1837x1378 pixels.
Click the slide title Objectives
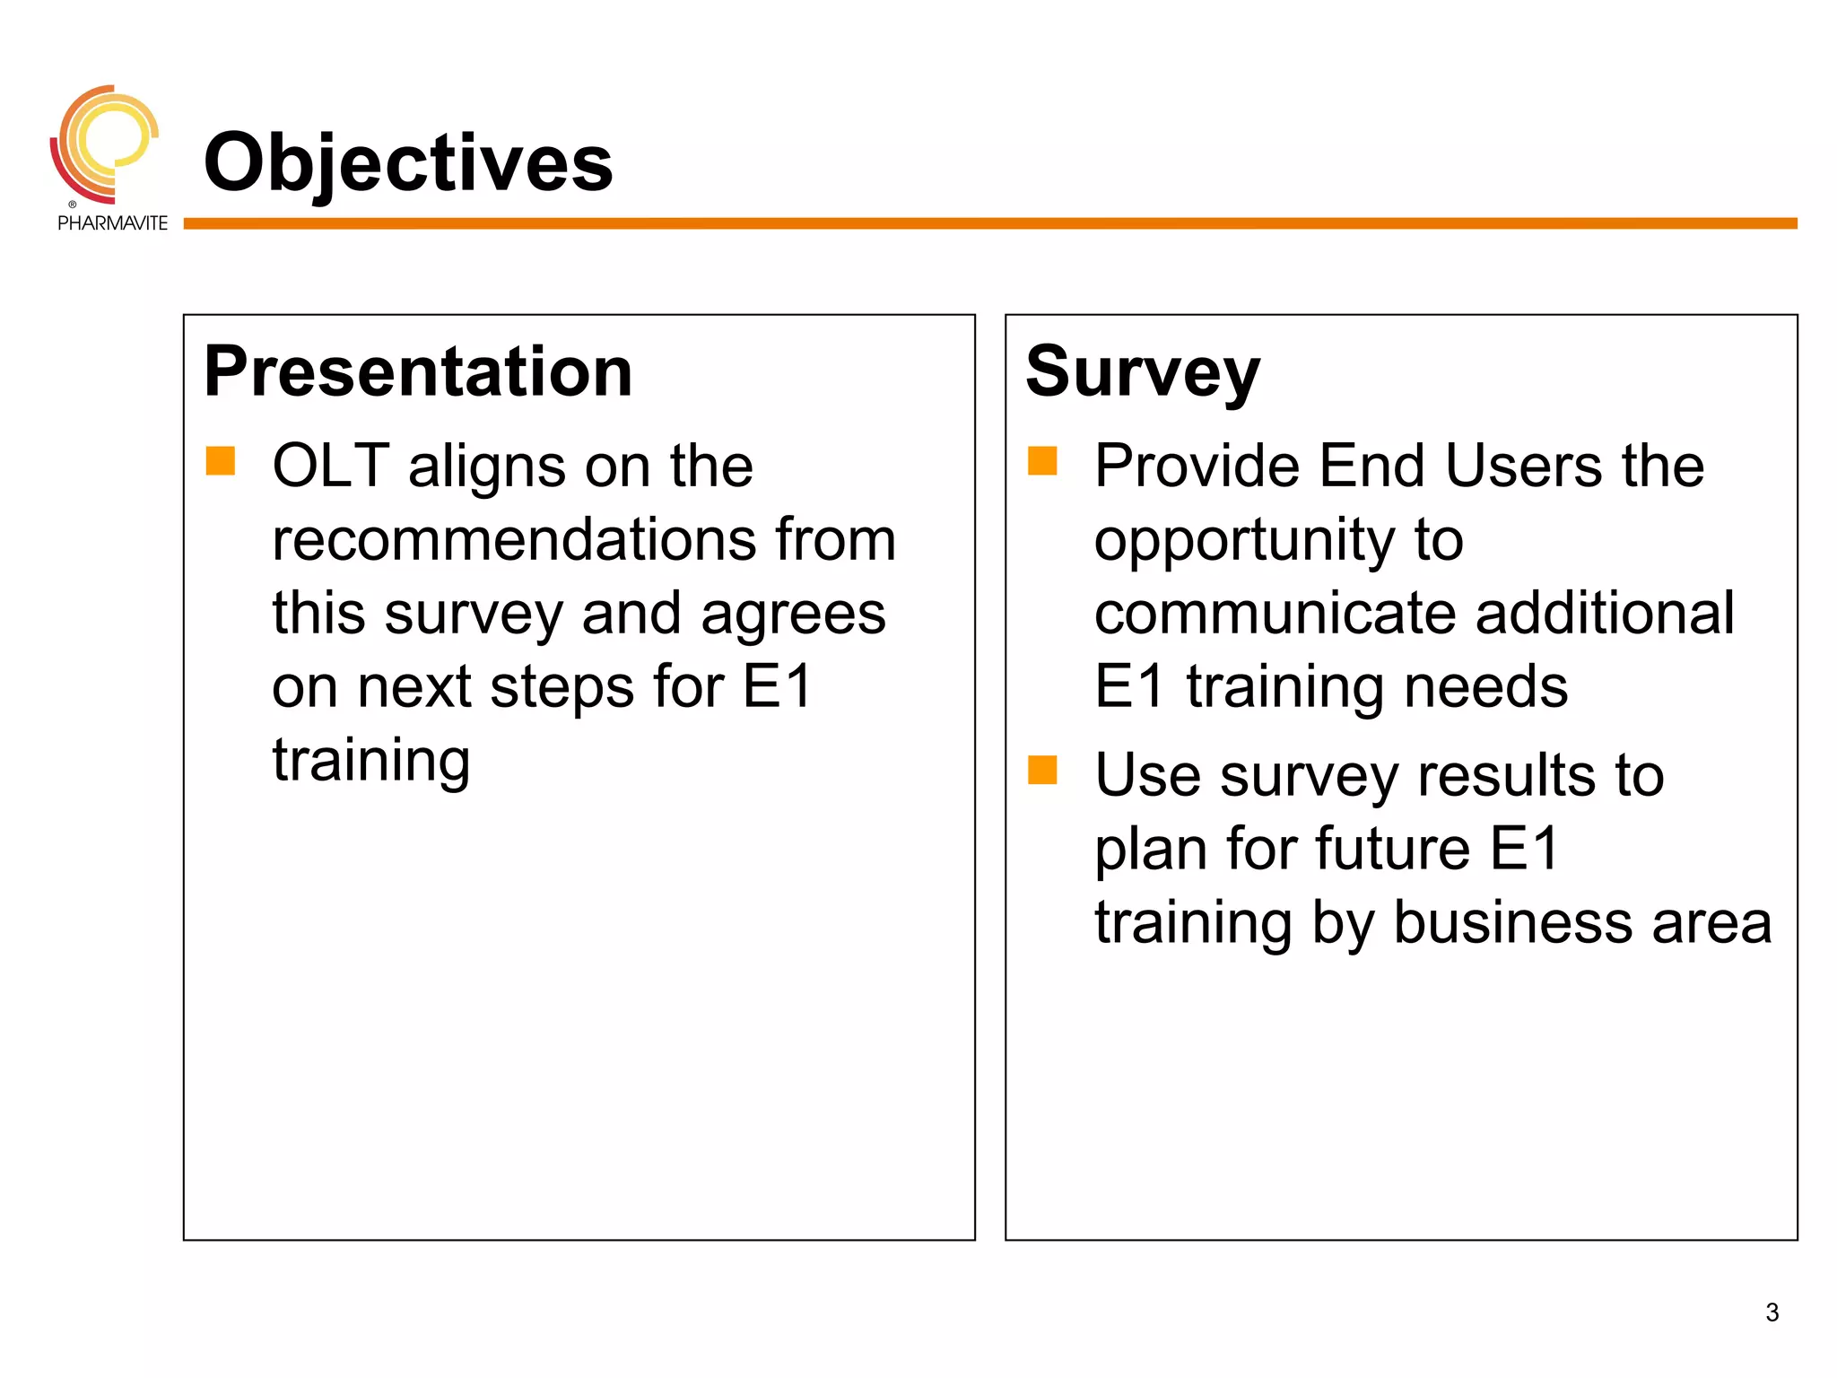[x=408, y=162]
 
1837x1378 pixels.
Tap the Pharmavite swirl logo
[x=104, y=144]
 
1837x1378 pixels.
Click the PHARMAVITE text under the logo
[x=112, y=223]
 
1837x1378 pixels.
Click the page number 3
[x=1772, y=1313]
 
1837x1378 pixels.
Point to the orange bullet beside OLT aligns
[x=221, y=461]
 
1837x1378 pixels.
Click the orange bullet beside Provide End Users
[x=1042, y=461]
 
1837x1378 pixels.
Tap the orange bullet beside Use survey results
[x=1042, y=770]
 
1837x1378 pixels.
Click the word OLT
[x=330, y=467]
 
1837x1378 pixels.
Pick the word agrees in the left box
[x=793, y=615]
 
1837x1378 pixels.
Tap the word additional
[x=1605, y=614]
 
